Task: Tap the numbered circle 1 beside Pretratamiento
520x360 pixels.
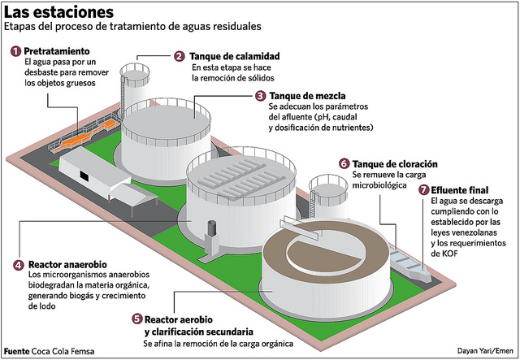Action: tap(15, 50)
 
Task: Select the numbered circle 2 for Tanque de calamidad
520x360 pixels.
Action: tap(180, 56)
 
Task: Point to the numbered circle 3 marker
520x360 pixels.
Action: tap(260, 95)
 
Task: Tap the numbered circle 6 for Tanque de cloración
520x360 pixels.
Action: tap(344, 163)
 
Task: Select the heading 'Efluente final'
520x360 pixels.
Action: tap(466, 189)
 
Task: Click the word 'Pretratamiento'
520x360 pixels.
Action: tap(62, 50)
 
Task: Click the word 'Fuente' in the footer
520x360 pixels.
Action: tap(17, 351)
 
